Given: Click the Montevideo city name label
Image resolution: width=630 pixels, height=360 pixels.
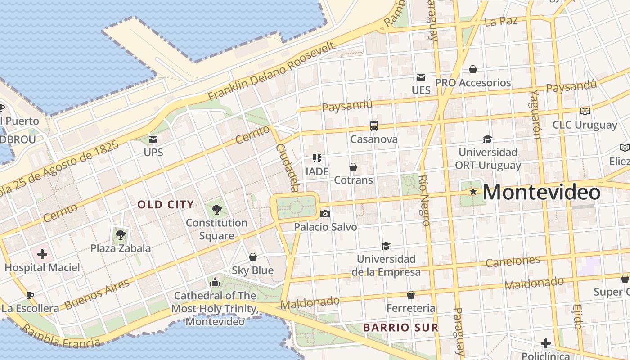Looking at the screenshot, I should [x=541, y=193].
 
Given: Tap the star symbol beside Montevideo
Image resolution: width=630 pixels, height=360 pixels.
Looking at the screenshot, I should [x=473, y=192].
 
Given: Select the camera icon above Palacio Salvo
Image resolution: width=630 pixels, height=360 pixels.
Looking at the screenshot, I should [x=325, y=214].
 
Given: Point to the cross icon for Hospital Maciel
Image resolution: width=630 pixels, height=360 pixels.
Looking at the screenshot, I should [x=42, y=254].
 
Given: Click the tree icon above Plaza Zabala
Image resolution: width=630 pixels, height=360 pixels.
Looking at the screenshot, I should [x=120, y=234].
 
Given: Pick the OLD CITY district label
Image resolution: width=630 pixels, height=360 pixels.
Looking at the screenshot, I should [x=166, y=205].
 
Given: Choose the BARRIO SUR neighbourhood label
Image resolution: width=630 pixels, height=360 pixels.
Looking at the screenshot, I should [x=400, y=327].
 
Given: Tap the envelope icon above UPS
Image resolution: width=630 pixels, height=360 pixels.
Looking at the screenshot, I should [x=153, y=139].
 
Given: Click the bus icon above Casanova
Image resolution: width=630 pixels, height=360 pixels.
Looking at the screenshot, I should [x=374, y=126].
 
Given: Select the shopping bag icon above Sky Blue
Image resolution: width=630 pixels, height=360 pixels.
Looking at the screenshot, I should [x=253, y=257].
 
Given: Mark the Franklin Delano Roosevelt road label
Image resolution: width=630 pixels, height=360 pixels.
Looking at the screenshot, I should [x=272, y=72].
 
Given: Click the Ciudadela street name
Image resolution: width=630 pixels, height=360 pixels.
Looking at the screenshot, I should [x=288, y=168].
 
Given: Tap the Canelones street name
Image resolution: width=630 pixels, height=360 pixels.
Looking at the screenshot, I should [x=513, y=261].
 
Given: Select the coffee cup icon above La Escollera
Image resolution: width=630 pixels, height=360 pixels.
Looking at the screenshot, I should [x=30, y=295].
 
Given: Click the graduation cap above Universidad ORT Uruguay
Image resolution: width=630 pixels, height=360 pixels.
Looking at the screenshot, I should [x=487, y=139].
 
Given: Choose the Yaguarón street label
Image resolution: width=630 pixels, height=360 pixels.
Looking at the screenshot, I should [x=535, y=114].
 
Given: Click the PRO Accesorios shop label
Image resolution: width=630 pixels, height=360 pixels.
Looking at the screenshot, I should [x=473, y=83].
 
